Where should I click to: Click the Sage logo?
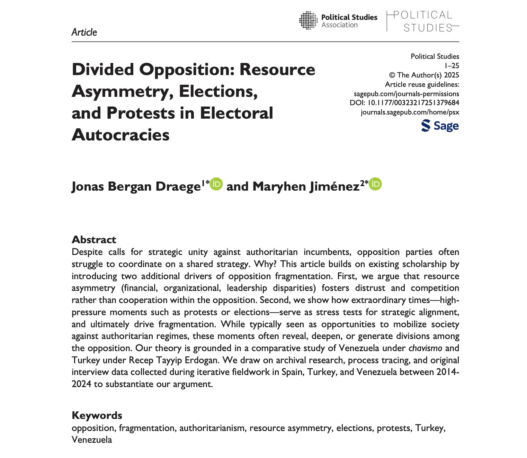tap(440, 126)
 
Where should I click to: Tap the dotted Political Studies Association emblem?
tap(308, 20)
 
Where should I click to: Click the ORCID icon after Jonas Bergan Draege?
tap(216, 184)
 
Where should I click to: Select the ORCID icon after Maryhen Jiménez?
tap(375, 184)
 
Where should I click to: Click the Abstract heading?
tap(93, 239)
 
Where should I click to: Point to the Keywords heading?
tap(97, 415)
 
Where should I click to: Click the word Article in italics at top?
tap(84, 32)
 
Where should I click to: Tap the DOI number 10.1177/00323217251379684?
tap(413, 103)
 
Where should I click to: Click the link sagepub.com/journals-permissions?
tap(406, 93)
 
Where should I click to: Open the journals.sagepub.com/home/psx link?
tap(410, 112)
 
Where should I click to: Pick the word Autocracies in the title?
tap(120, 135)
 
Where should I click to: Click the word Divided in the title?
tap(103, 70)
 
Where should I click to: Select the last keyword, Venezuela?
tap(92, 440)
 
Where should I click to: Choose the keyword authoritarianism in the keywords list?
tap(212, 428)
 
